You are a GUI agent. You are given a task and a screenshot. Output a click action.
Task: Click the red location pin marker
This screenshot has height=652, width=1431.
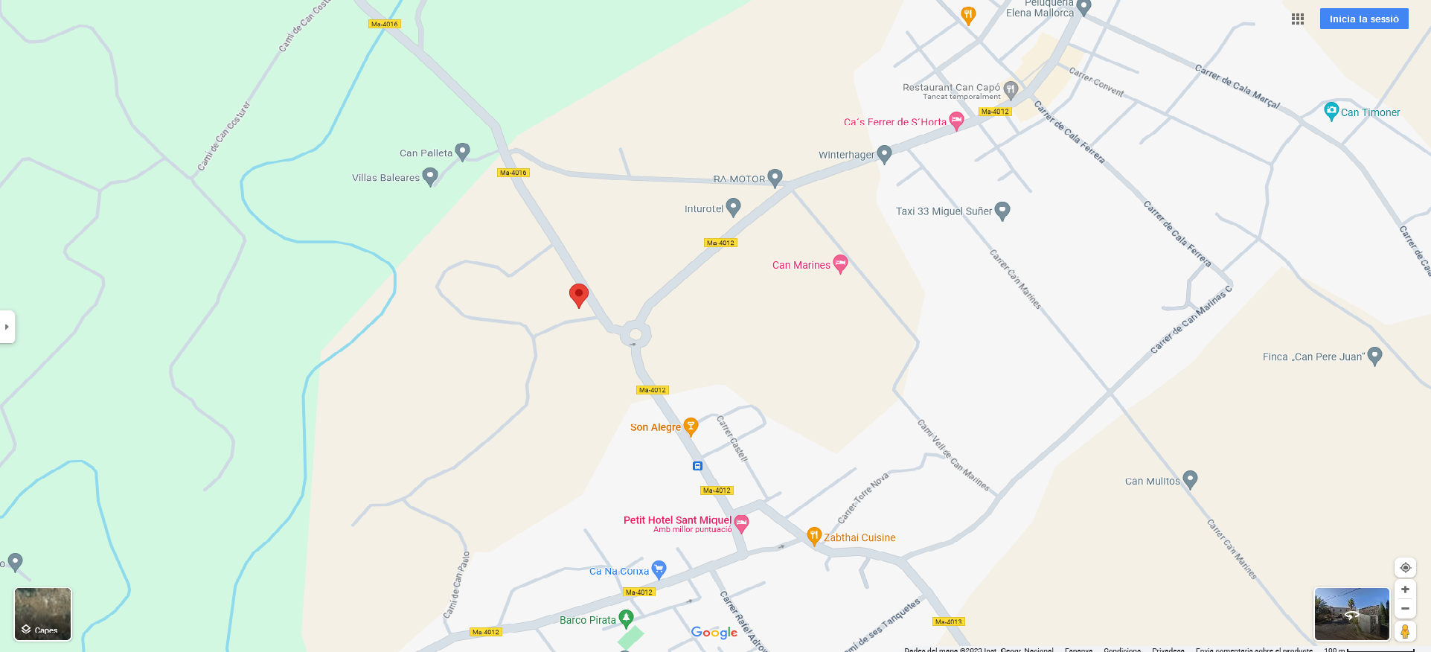(x=578, y=295)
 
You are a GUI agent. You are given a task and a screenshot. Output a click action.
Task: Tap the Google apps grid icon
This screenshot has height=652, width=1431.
(x=1298, y=19)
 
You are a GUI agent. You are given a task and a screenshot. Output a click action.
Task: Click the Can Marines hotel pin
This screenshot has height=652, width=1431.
(x=840, y=263)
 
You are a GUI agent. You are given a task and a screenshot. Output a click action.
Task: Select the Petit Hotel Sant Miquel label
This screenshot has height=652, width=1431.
(x=677, y=520)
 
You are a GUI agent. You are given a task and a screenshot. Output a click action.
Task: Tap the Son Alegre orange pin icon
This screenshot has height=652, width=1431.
(x=691, y=426)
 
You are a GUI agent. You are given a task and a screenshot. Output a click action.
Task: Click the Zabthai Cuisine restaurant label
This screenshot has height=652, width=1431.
(x=859, y=537)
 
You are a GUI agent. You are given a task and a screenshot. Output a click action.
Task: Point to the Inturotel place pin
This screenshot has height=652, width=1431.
(x=733, y=207)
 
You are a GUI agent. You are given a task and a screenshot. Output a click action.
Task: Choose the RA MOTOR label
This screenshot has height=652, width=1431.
(x=739, y=179)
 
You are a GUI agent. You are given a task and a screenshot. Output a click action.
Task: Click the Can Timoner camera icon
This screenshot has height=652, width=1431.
(x=1331, y=111)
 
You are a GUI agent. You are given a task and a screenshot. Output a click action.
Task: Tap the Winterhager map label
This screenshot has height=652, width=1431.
(x=846, y=155)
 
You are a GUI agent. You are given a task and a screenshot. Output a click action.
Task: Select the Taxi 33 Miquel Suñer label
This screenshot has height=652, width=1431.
(x=944, y=211)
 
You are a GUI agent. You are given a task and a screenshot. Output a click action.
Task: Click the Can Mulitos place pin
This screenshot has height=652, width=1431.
(x=1190, y=479)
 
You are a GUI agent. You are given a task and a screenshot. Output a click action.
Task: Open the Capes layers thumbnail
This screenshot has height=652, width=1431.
(x=43, y=614)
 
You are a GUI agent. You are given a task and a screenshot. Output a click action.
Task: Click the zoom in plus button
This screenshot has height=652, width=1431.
(x=1405, y=589)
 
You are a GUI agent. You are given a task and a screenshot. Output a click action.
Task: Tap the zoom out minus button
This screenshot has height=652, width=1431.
(x=1405, y=608)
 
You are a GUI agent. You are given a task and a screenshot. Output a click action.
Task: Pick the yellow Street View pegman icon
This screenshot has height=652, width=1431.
(x=1405, y=631)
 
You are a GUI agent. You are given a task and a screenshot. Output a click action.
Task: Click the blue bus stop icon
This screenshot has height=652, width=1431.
(x=697, y=466)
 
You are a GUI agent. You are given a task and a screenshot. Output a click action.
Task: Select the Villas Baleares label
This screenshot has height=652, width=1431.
(x=385, y=178)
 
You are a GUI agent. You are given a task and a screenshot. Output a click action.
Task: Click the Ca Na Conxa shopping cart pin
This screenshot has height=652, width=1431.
(x=659, y=569)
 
